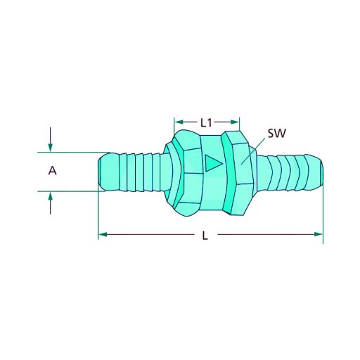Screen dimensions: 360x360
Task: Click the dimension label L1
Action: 207,122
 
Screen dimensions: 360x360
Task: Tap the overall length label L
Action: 205,236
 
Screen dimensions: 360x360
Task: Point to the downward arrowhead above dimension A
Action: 51,146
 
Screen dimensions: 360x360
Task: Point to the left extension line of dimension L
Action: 98,214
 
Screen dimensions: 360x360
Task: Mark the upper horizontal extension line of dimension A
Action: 70,151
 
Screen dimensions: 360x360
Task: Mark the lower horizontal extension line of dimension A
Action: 70,190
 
